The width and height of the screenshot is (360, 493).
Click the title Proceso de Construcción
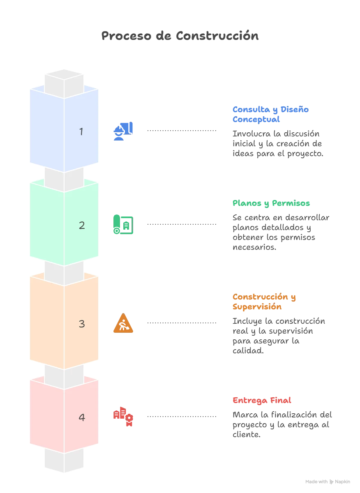[x=180, y=36]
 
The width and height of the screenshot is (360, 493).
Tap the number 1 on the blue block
[x=81, y=131]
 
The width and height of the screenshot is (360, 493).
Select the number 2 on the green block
[x=82, y=226]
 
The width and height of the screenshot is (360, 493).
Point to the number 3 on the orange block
[x=82, y=324]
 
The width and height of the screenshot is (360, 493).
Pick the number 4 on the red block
[x=82, y=417]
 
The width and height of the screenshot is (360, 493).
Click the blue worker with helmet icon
[x=123, y=131]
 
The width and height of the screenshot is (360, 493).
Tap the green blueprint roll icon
[x=123, y=224]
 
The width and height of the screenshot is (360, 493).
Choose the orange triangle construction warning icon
[x=123, y=323]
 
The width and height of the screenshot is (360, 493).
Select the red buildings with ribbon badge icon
[x=123, y=417]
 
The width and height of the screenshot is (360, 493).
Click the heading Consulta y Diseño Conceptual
[x=270, y=115]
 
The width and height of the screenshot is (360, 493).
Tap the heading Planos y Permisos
[x=271, y=203]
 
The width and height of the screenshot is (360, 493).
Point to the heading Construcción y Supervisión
[x=264, y=302]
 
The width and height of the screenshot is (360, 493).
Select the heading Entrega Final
[x=262, y=400]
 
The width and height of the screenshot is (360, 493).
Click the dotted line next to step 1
[x=182, y=131]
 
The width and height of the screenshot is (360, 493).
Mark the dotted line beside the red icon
[x=182, y=417]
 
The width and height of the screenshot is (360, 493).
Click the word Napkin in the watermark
[x=342, y=481]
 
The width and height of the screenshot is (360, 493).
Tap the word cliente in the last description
[x=247, y=435]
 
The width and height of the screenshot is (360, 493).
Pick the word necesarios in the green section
[x=254, y=247]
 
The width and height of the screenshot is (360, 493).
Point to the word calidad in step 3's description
[x=248, y=350]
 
